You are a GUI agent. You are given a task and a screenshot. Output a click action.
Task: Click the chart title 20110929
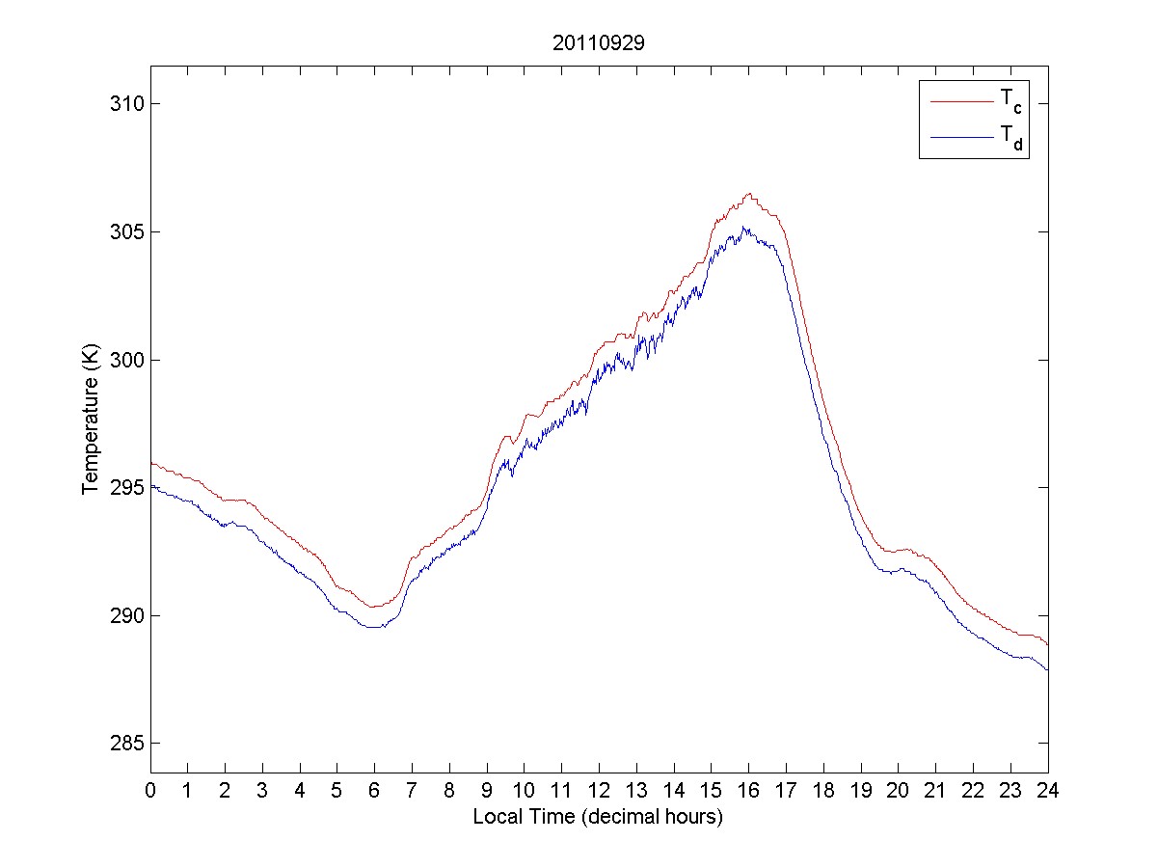pyautogui.click(x=599, y=43)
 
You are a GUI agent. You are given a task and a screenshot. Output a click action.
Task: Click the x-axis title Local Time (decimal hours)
pyautogui.click(x=598, y=817)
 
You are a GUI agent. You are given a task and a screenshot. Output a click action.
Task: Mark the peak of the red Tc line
pyautogui.click(x=748, y=193)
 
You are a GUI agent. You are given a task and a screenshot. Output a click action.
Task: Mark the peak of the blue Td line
pyautogui.click(x=744, y=228)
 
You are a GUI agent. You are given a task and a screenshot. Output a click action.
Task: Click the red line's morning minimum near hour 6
pyautogui.click(x=372, y=607)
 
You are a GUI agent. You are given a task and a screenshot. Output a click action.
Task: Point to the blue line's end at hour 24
pyautogui.click(x=1047, y=669)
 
